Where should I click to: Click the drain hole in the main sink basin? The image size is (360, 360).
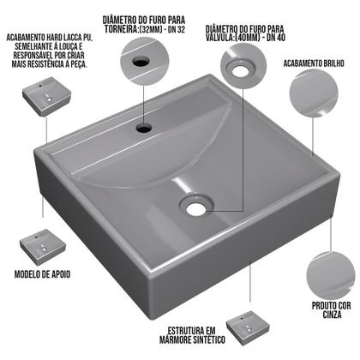point(196,204)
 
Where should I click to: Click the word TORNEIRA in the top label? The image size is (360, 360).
point(122,28)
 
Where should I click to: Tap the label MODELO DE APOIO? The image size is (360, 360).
point(41,274)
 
